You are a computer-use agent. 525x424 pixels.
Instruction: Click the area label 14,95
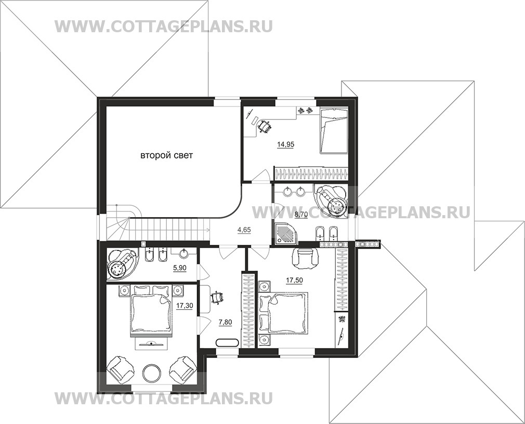pos(285,144)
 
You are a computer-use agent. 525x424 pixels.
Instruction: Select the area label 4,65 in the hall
pos(244,230)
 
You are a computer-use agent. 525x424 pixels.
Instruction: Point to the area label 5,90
pos(179,268)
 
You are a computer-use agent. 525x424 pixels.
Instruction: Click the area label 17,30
pos(185,305)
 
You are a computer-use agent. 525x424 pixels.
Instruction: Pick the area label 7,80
pos(225,322)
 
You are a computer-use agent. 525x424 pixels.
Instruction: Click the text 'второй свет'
pos(166,155)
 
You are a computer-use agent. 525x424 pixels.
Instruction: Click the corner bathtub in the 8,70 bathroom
pos(331,198)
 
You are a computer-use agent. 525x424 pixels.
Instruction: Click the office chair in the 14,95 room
pos(264,126)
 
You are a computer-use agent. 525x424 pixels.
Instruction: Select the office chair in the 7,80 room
pos(217,298)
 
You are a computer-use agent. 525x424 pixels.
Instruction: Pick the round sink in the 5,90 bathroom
pos(183,254)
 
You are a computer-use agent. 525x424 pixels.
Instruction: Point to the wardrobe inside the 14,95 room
pos(311,174)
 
